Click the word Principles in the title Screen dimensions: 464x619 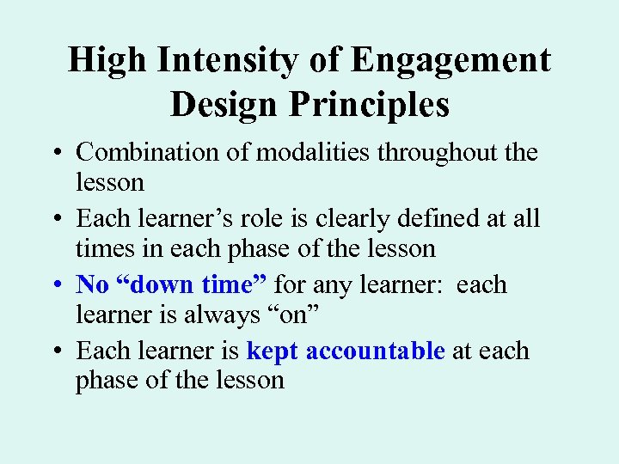pyautogui.click(x=370, y=105)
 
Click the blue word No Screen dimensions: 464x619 pyautogui.click(x=91, y=284)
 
